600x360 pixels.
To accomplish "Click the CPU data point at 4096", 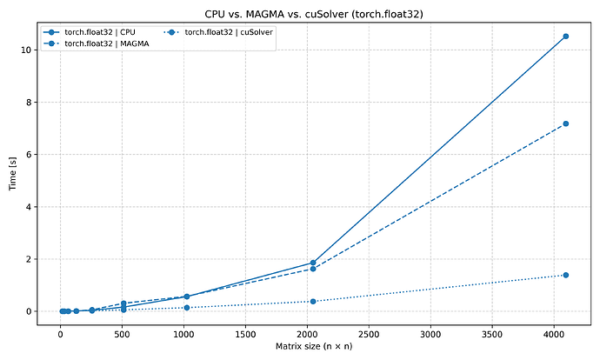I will coord(565,37).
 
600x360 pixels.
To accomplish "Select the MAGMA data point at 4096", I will coord(565,123).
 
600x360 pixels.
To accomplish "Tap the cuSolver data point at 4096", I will coord(565,275).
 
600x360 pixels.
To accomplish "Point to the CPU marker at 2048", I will coord(313,263).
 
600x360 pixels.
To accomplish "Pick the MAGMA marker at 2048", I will coord(313,269).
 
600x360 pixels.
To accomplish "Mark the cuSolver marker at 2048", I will coord(313,301).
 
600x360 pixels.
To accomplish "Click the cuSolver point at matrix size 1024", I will coord(187,308).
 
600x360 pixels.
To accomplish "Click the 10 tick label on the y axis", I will coord(27,50).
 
